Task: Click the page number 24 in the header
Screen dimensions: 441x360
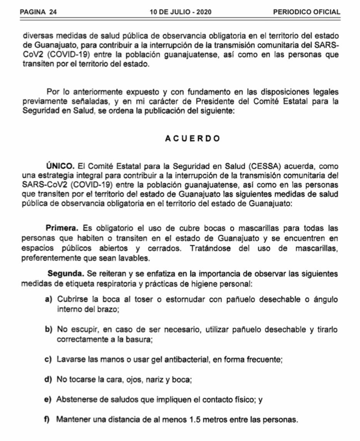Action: coord(52,12)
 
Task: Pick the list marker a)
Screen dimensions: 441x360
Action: coord(48,300)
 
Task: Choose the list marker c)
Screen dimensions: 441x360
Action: coord(48,359)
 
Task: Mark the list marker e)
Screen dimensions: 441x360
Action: coord(48,399)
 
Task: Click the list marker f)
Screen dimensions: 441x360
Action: coord(48,418)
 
